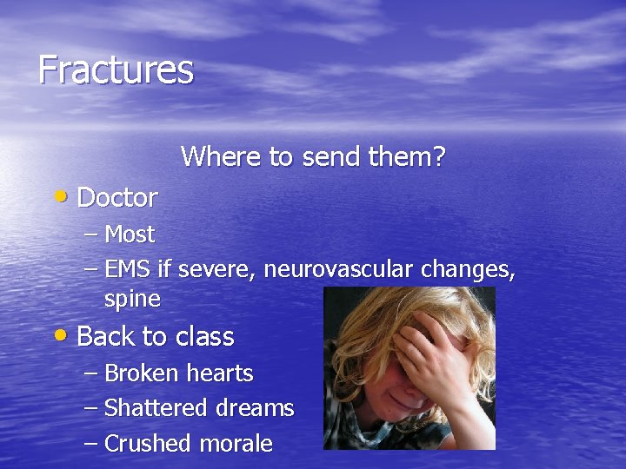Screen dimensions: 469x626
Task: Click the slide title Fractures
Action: (116, 69)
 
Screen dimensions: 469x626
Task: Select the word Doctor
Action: (117, 198)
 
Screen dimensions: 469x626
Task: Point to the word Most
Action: (129, 234)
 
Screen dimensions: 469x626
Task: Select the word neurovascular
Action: (339, 270)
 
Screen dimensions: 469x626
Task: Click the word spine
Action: (132, 301)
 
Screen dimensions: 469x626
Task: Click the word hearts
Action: (218, 373)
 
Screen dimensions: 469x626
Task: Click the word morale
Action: (236, 444)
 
